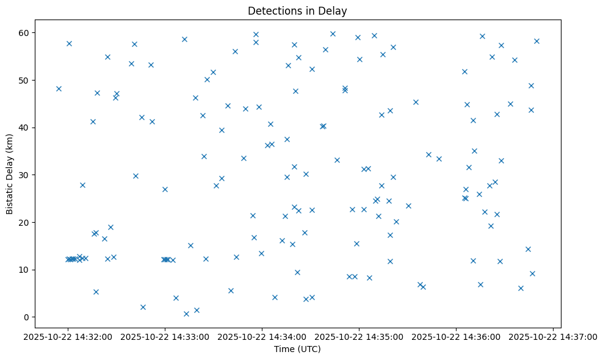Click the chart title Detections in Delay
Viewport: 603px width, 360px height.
pyautogui.click(x=297, y=10)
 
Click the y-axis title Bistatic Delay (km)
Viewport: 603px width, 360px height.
pyautogui.click(x=10, y=174)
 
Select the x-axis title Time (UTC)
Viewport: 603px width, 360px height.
pyautogui.click(x=297, y=350)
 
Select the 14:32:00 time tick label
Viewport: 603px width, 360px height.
pyautogui.click(x=68, y=336)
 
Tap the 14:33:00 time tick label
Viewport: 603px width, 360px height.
pyautogui.click(x=165, y=336)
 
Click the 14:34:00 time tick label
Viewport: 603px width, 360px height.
pyautogui.click(x=262, y=336)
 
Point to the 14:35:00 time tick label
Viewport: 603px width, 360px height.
pyautogui.click(x=359, y=336)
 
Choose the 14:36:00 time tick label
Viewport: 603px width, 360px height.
pyautogui.click(x=456, y=336)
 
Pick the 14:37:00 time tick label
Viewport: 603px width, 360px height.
pyautogui.click(x=553, y=336)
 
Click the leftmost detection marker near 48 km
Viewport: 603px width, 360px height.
pyautogui.click(x=59, y=88)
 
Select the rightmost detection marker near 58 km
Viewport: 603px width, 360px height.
pyautogui.click(x=536, y=41)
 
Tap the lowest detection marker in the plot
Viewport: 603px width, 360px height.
pyautogui.click(x=186, y=314)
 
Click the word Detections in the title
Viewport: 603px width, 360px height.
pyautogui.click(x=269, y=10)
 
